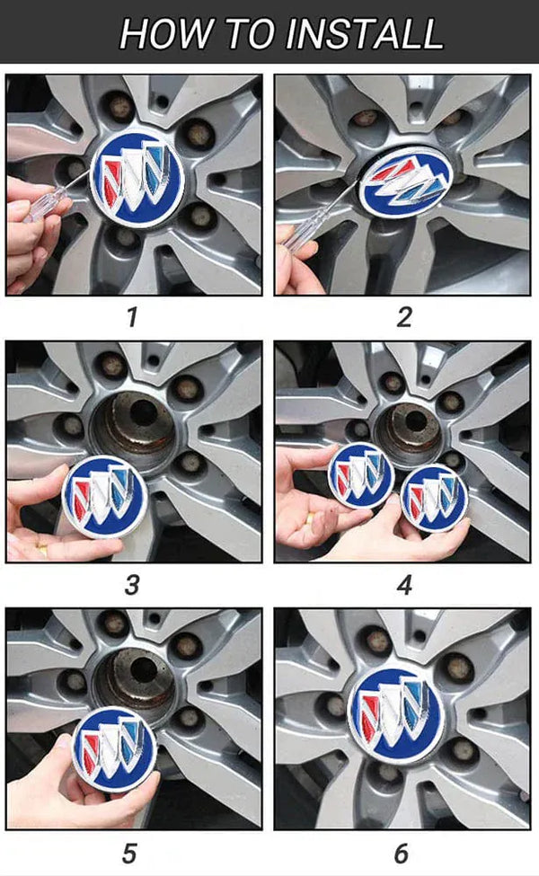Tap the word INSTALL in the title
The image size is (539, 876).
365,33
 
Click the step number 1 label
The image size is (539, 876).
132,317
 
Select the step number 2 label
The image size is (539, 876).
404,317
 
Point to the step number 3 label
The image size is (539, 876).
132,585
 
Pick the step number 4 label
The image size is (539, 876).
404,585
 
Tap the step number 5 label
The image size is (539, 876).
129,854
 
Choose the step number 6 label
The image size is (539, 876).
401,854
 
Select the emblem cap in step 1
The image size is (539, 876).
137,180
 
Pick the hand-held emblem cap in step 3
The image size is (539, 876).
104,497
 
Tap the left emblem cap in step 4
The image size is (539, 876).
361,475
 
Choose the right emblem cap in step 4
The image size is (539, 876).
434,498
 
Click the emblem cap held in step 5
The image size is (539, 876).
114,748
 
